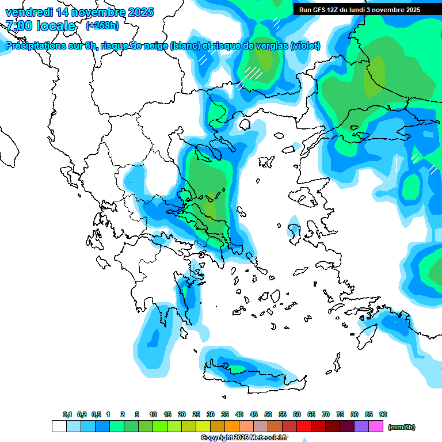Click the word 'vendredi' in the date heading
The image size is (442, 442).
[x=26, y=12]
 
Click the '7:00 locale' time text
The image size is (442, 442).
[x=40, y=26]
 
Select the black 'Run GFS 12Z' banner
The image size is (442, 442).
[x=360, y=10]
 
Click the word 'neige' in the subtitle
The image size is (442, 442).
[x=154, y=46]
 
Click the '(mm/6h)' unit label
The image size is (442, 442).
[x=402, y=427]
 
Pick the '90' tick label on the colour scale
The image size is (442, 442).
[x=383, y=414]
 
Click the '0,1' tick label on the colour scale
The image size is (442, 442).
[x=67, y=414]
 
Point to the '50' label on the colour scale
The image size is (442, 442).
[x=268, y=414]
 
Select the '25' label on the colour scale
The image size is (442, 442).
[x=196, y=414]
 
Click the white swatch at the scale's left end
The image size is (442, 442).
[x=59, y=426]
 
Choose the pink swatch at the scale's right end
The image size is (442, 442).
[x=376, y=426]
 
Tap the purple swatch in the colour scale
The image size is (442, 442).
[x=361, y=426]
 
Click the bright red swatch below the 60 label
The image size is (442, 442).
[x=304, y=426]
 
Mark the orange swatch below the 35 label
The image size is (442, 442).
[x=232, y=426]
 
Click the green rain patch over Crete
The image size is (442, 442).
[x=237, y=368]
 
